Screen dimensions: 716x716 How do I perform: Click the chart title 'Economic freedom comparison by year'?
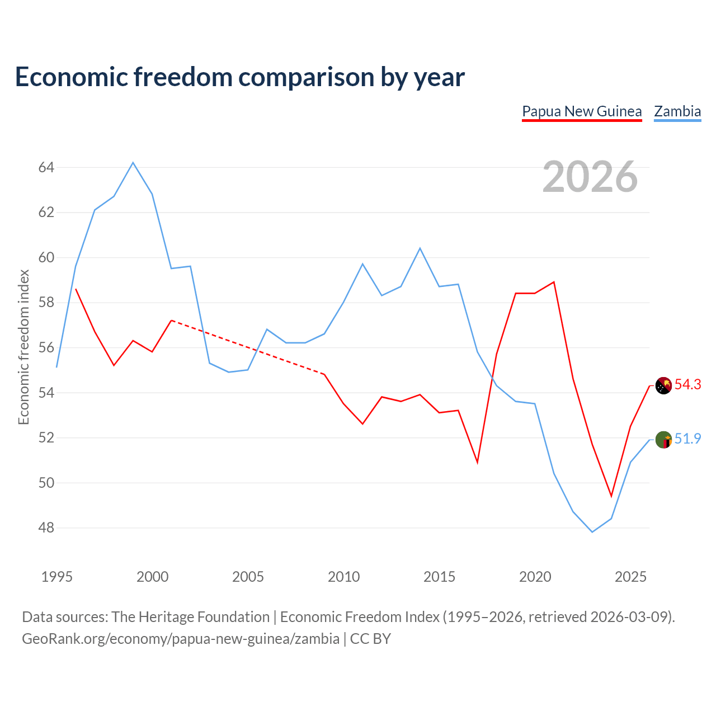pyautogui.click(x=239, y=77)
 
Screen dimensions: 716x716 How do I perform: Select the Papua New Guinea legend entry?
pyautogui.click(x=582, y=111)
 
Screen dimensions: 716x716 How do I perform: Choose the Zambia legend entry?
pyautogui.click(x=677, y=111)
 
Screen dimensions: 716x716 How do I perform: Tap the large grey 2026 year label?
pyautogui.click(x=590, y=177)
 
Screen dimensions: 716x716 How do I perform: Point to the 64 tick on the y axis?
pyautogui.click(x=46, y=168)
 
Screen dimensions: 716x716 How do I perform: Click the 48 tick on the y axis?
pyautogui.click(x=46, y=527)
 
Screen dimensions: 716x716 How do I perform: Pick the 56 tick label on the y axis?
pyautogui.click(x=46, y=348)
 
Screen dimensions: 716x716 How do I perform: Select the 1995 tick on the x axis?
pyautogui.click(x=57, y=577)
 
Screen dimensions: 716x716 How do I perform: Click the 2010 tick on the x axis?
pyautogui.click(x=343, y=577)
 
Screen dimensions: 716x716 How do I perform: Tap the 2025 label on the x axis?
pyautogui.click(x=630, y=577)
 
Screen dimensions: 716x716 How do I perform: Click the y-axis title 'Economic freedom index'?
pyautogui.click(x=23, y=347)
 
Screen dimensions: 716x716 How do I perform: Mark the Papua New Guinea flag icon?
pyautogui.click(x=663, y=385)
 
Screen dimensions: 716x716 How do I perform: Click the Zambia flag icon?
pyautogui.click(x=663, y=440)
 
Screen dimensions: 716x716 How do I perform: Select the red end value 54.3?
pyautogui.click(x=687, y=384)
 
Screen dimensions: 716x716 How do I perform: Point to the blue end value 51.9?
pyautogui.click(x=687, y=439)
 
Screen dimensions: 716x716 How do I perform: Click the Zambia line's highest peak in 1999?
pyautogui.click(x=133, y=162)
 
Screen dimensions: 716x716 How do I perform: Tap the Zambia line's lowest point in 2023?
pyautogui.click(x=592, y=532)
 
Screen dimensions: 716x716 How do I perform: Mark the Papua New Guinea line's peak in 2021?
pyautogui.click(x=554, y=282)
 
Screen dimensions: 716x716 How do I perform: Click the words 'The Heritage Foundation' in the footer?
pyautogui.click(x=191, y=617)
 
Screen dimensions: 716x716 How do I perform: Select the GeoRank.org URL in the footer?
pyautogui.click(x=181, y=639)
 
